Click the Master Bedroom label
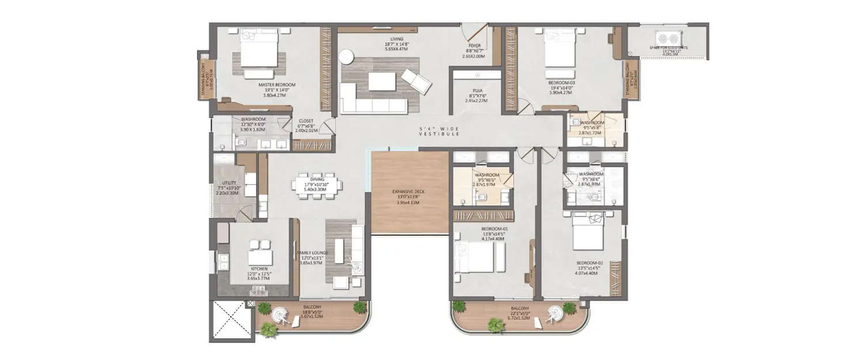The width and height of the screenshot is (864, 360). (x=277, y=90)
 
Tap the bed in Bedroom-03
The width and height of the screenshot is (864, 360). (x=559, y=48)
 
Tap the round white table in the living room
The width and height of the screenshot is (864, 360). (x=346, y=56)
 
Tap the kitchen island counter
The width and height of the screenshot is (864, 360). (x=259, y=252)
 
